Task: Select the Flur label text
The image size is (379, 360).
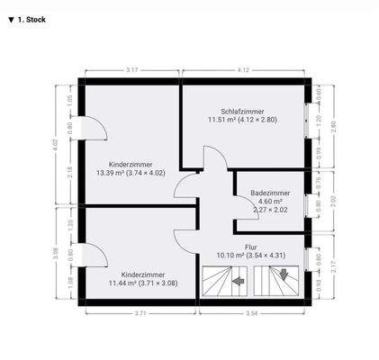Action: [251, 246]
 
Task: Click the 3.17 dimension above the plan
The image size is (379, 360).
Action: [131, 69]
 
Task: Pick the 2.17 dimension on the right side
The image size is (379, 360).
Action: [333, 266]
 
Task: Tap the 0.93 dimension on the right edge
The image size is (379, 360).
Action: [320, 286]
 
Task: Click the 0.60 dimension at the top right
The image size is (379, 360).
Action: [320, 91]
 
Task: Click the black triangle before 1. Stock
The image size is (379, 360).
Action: [10, 18]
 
